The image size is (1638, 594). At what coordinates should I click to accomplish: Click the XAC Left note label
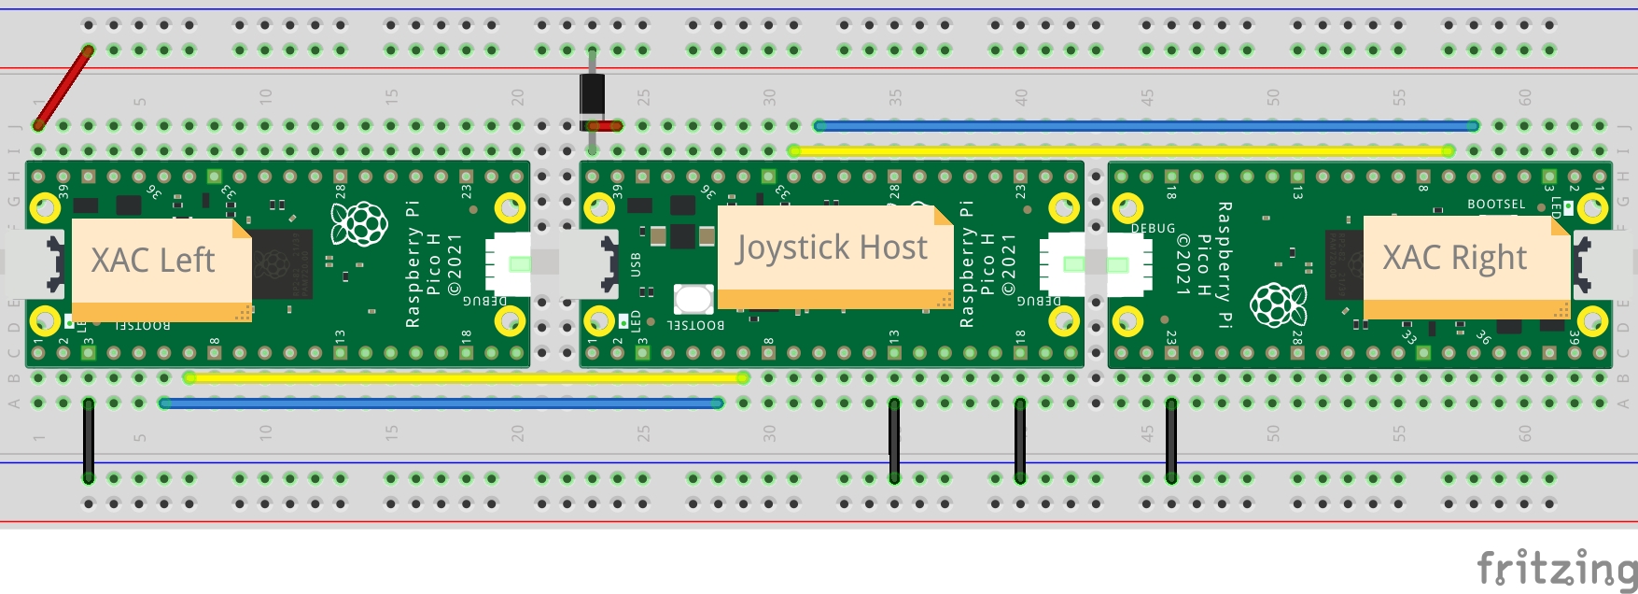pyautogui.click(x=153, y=261)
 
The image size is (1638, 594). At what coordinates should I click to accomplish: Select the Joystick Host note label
pyautogui.click(x=831, y=248)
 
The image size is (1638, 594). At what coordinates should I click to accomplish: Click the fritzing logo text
pyautogui.click(x=1557, y=568)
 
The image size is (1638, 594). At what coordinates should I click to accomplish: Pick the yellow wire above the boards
pyautogui.click(x=1120, y=150)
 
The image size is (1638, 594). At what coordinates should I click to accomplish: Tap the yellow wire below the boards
pyautogui.click(x=467, y=378)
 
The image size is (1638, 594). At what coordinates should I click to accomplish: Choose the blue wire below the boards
pyautogui.click(x=441, y=403)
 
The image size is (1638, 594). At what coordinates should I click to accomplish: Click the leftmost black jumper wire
pyautogui.click(x=89, y=440)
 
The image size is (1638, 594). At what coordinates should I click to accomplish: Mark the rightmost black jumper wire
pyautogui.click(x=1171, y=440)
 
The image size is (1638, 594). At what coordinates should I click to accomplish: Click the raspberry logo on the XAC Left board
pyautogui.click(x=359, y=224)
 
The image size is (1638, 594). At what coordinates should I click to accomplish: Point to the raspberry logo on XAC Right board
pyautogui.click(x=1278, y=304)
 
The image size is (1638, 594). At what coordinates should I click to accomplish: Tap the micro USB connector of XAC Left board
pyautogui.click(x=42, y=264)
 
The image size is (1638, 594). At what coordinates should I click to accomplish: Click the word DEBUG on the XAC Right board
pyautogui.click(x=1153, y=229)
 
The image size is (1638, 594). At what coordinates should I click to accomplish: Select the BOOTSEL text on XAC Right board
pyautogui.click(x=1495, y=204)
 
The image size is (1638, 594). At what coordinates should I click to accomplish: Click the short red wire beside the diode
pyautogui.click(x=605, y=126)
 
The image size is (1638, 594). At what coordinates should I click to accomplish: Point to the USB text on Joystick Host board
pyautogui.click(x=636, y=264)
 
